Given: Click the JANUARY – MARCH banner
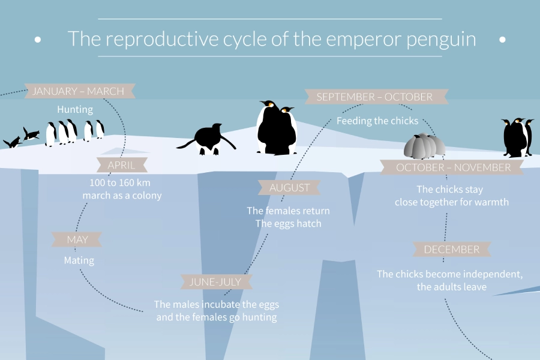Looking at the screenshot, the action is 80,91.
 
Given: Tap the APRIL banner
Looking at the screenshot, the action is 122,165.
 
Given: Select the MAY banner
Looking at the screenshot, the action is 77,239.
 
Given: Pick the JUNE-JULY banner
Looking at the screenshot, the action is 216,282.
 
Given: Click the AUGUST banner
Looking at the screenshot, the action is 289,187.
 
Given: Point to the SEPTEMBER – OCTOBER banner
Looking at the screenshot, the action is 376,97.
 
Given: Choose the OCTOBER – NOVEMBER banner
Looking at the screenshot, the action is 452,167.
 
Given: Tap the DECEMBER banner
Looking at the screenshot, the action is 452,249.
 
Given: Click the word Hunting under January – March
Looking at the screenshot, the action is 75,110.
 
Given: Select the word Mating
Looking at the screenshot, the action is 79,260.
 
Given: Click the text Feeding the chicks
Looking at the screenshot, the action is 377,121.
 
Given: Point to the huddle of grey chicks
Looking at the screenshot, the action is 424,146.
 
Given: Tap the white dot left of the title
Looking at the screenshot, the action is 38,40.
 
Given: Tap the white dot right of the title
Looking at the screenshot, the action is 502,40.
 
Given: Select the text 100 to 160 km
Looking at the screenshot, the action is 120,182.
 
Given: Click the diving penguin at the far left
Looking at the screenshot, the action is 13,142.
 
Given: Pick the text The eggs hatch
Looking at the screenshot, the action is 288,224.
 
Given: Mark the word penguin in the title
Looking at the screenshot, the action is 442,39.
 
